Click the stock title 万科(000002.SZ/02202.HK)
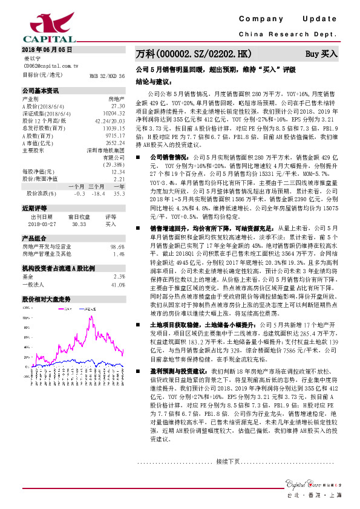click(193, 54)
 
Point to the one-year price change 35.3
click(119, 193)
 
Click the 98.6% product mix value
click(117, 247)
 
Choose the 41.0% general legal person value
click(117, 284)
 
